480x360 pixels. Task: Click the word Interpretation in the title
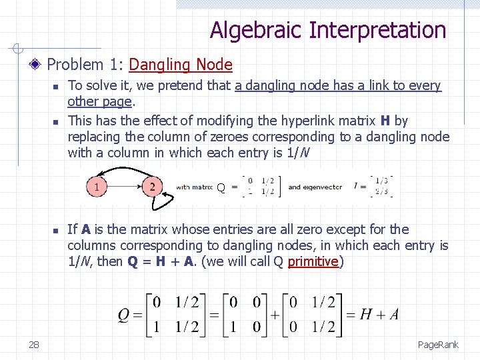(x=377, y=31)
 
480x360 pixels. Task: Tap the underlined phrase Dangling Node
(x=181, y=65)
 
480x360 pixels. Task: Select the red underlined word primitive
(x=313, y=261)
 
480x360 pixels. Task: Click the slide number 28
(x=33, y=344)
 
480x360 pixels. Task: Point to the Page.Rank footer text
(x=438, y=345)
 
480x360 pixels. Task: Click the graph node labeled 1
(x=98, y=186)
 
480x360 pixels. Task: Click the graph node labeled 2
(x=152, y=186)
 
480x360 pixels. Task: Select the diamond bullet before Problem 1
(x=38, y=65)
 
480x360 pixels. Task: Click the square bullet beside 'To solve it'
(x=57, y=87)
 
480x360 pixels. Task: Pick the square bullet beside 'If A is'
(x=57, y=231)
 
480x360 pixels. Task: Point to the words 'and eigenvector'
(x=315, y=187)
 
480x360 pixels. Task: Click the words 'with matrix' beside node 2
(x=193, y=187)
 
